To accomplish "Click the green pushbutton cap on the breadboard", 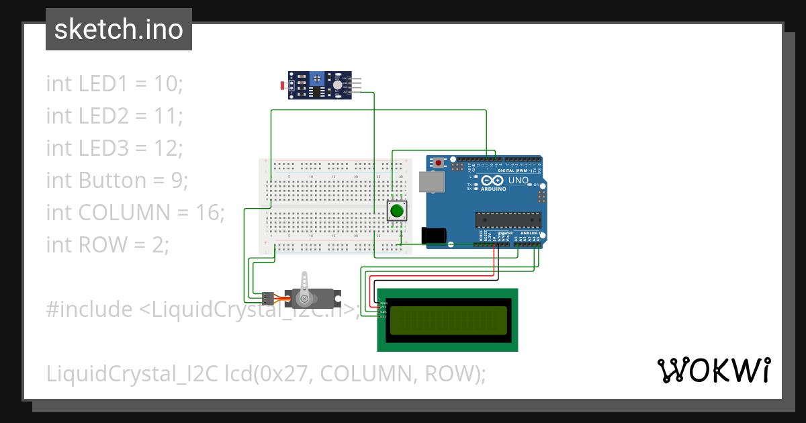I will point(396,211).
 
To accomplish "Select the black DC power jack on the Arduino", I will point(433,235).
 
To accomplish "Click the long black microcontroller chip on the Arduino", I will point(508,220).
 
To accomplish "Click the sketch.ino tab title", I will point(119,30).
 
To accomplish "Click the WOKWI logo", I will point(713,370).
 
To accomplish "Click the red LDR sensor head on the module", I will point(281,85).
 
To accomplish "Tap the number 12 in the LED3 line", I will point(167,148).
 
